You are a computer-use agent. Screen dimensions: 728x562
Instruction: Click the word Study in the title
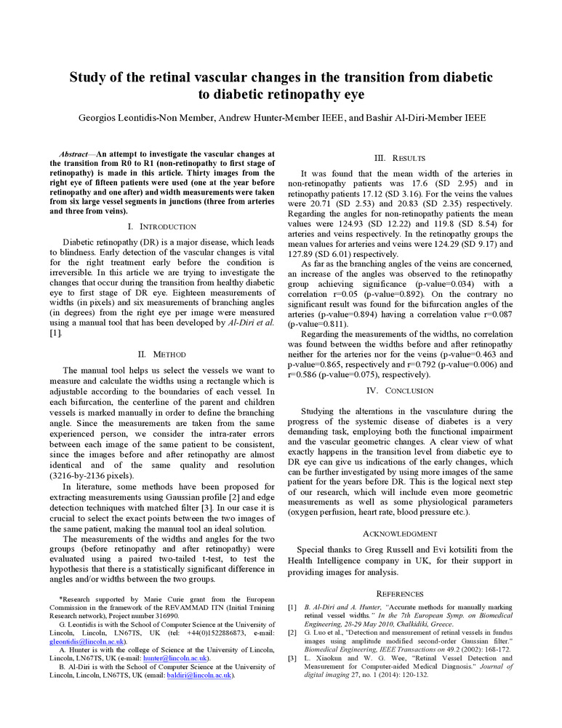(89, 77)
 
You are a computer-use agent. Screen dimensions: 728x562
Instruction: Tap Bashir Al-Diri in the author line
(397, 118)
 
